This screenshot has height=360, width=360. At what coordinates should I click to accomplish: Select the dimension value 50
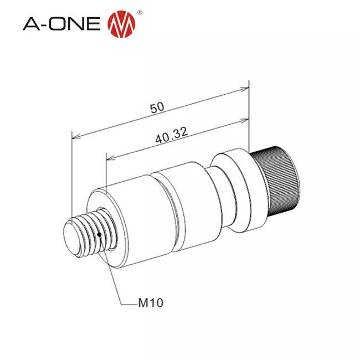157,108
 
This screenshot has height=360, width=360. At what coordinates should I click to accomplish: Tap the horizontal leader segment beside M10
128,303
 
